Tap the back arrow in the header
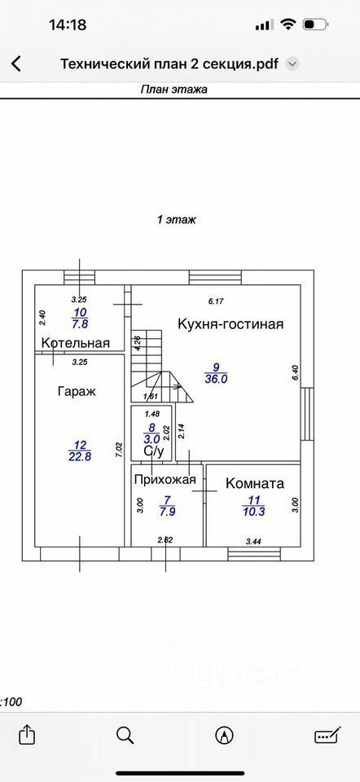pos(16,64)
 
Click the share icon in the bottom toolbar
pos(25,734)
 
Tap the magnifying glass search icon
pos(125,735)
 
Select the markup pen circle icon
pos(224,735)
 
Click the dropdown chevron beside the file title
pos(292,64)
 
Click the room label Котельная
pos(76,343)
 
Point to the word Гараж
pos(77,392)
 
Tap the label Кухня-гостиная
pos(230,324)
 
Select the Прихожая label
pos(165,480)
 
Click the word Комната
pos(255,483)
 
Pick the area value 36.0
pos(216,379)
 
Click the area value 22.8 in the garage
pos(80,455)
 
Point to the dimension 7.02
pos(119,450)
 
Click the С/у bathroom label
pos(154,452)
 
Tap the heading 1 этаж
pos(177,219)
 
